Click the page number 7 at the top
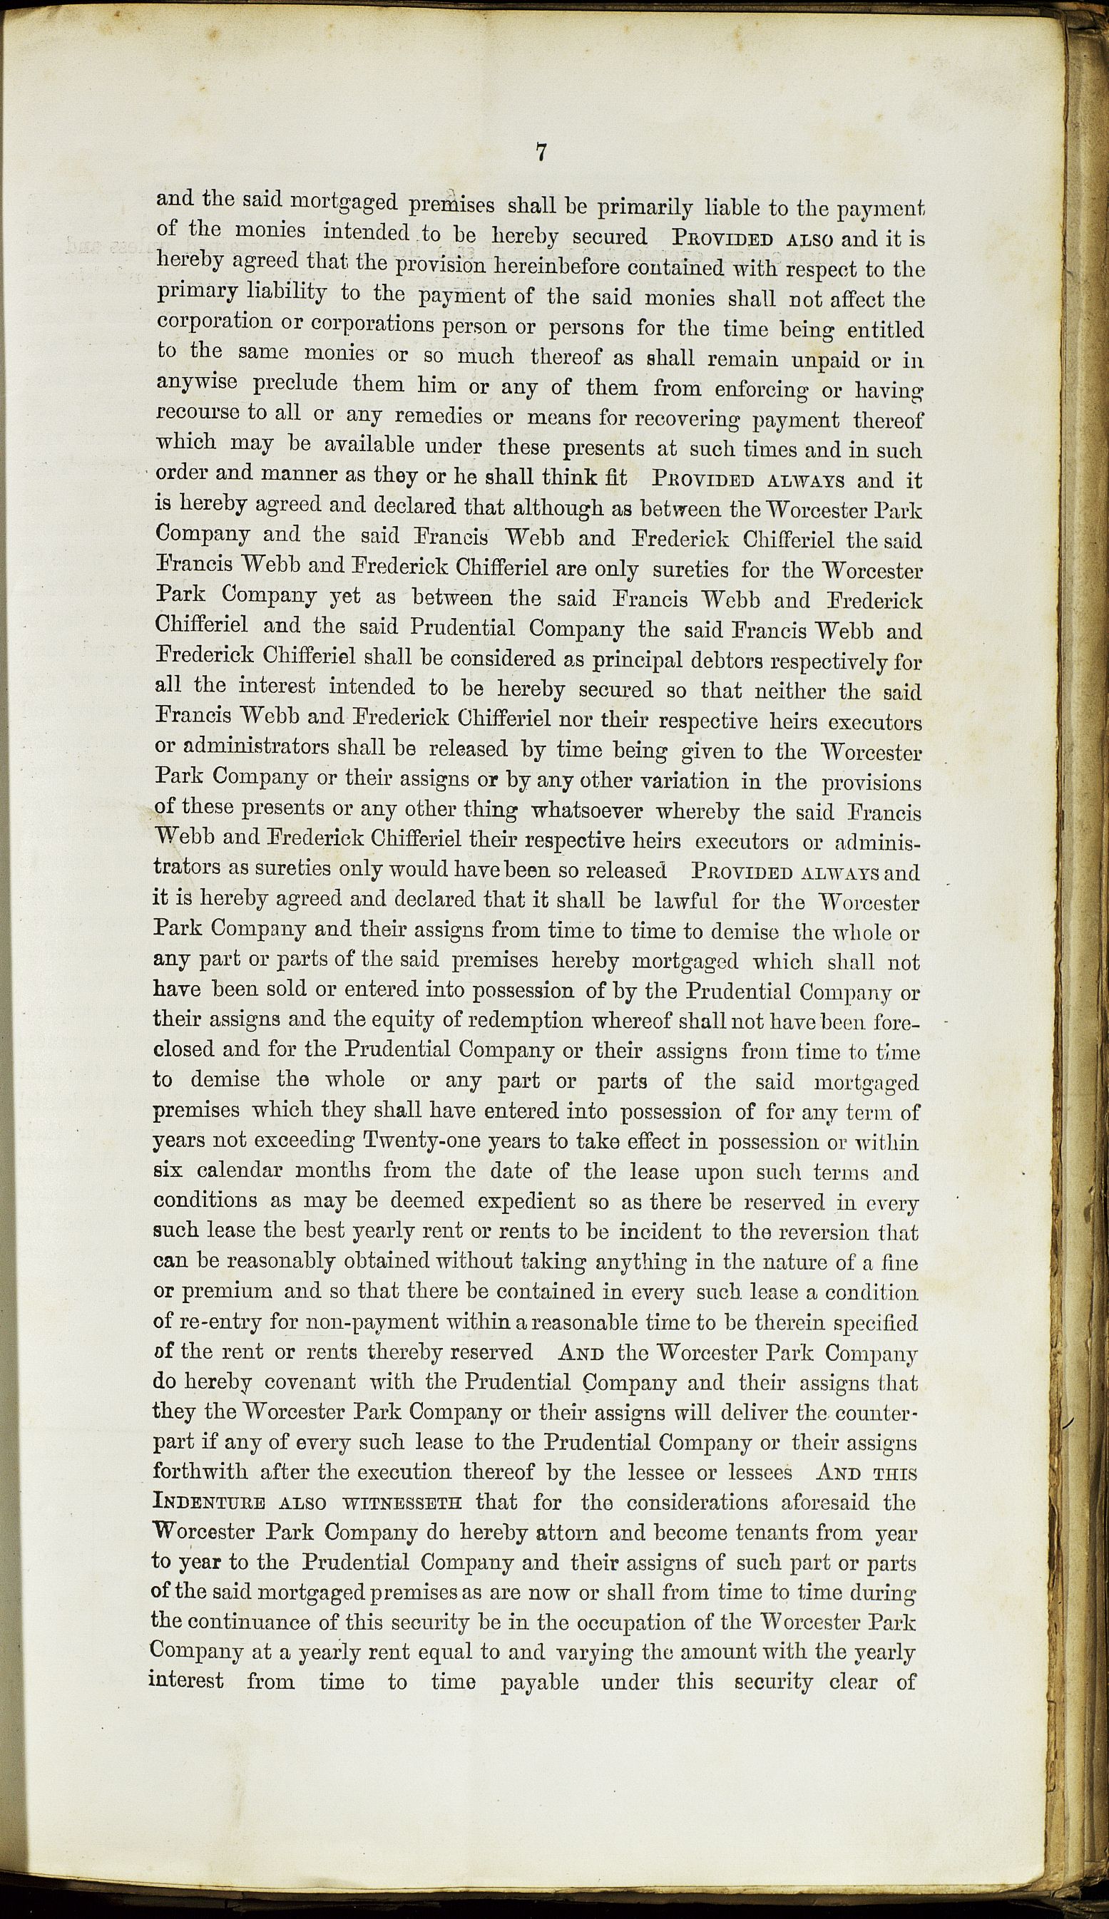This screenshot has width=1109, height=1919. point(541,153)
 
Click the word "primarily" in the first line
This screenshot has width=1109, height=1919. point(645,206)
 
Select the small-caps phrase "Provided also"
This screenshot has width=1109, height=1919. point(752,237)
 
